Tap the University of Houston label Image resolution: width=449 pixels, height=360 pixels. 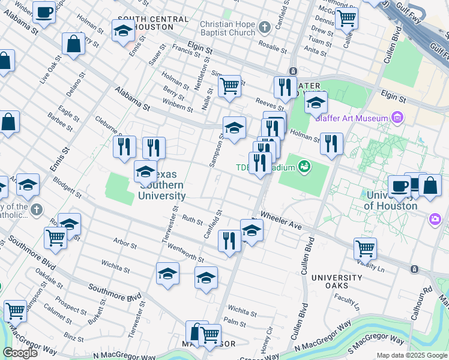pyautogui.click(x=390, y=201)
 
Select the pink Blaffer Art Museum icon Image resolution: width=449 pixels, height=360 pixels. pyautogui.click(x=396, y=118)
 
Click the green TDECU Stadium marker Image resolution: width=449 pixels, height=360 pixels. pyautogui.click(x=305, y=166)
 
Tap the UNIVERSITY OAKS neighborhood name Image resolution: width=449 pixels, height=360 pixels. pyautogui.click(x=336, y=282)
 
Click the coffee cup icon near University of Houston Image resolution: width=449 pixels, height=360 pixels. pyautogui.click(x=399, y=185)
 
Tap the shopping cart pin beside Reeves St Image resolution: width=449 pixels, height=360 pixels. pyautogui.click(x=229, y=86)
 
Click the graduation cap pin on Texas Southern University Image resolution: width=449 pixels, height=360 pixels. pyautogui.click(x=145, y=172)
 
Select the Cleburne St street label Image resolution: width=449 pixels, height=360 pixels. pyautogui.click(x=108, y=126)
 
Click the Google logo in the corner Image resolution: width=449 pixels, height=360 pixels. pyautogui.click(x=20, y=353)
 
